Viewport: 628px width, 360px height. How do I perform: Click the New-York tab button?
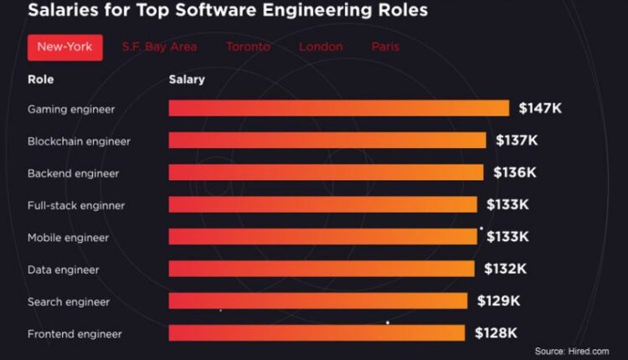click(64, 47)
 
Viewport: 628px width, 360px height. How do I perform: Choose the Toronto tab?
click(248, 47)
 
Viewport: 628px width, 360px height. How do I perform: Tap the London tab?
click(322, 47)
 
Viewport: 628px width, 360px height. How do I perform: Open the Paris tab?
click(386, 47)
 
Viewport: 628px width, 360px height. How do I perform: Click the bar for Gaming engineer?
click(338, 108)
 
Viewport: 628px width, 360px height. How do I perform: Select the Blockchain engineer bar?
click(327, 141)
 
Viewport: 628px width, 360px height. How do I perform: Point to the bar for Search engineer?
click(317, 301)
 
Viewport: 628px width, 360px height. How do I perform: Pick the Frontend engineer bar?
click(317, 333)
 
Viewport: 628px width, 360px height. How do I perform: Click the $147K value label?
click(540, 108)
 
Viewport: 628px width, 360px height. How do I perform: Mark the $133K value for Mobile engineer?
click(507, 237)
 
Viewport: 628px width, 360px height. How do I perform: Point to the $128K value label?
click(496, 333)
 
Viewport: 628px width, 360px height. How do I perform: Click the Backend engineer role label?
click(74, 173)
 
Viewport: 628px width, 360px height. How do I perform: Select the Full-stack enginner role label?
click(75, 205)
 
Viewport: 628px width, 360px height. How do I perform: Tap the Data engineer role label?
click(64, 270)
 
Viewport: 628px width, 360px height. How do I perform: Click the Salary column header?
click(187, 80)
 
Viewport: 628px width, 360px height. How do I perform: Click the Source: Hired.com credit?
click(572, 352)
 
